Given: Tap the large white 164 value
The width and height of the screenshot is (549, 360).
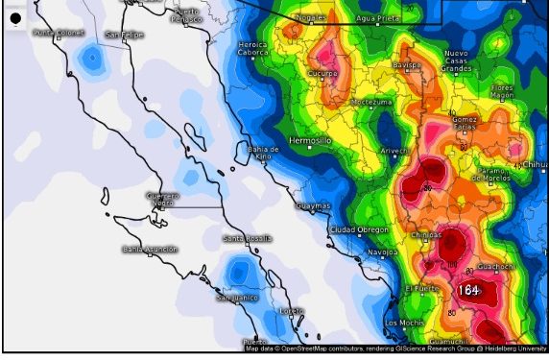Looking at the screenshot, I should point(468,289).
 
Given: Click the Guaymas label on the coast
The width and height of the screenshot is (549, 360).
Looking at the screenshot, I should point(313,205).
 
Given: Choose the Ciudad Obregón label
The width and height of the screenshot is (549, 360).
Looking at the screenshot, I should point(359,229).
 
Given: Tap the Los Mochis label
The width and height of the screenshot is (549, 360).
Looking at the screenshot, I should point(403,322).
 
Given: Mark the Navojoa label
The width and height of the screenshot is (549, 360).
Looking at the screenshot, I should point(382,252).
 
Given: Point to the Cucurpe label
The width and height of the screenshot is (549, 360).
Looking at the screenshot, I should point(322,73).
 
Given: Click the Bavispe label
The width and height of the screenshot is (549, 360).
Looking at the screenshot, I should point(408,65).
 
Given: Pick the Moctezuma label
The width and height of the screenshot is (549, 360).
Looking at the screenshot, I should point(371,101).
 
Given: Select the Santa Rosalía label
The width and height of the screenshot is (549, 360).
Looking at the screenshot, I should point(247,238).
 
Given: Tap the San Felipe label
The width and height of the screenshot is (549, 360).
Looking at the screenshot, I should point(125,36).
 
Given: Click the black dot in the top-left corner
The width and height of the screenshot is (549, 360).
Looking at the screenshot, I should point(15,19).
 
